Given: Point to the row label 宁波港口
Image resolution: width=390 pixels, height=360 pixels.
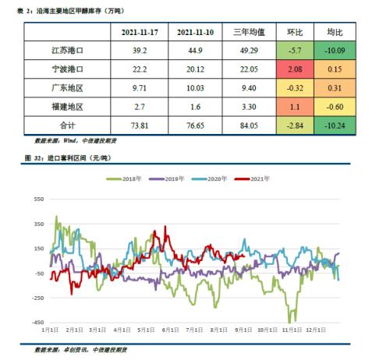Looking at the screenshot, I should point(67,69).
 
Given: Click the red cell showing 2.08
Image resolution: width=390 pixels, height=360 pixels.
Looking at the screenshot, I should point(296,69).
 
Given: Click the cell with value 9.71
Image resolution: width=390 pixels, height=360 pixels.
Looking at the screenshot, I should point(141,87).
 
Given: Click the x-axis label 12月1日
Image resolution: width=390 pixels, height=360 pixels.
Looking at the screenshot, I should point(317,330).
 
